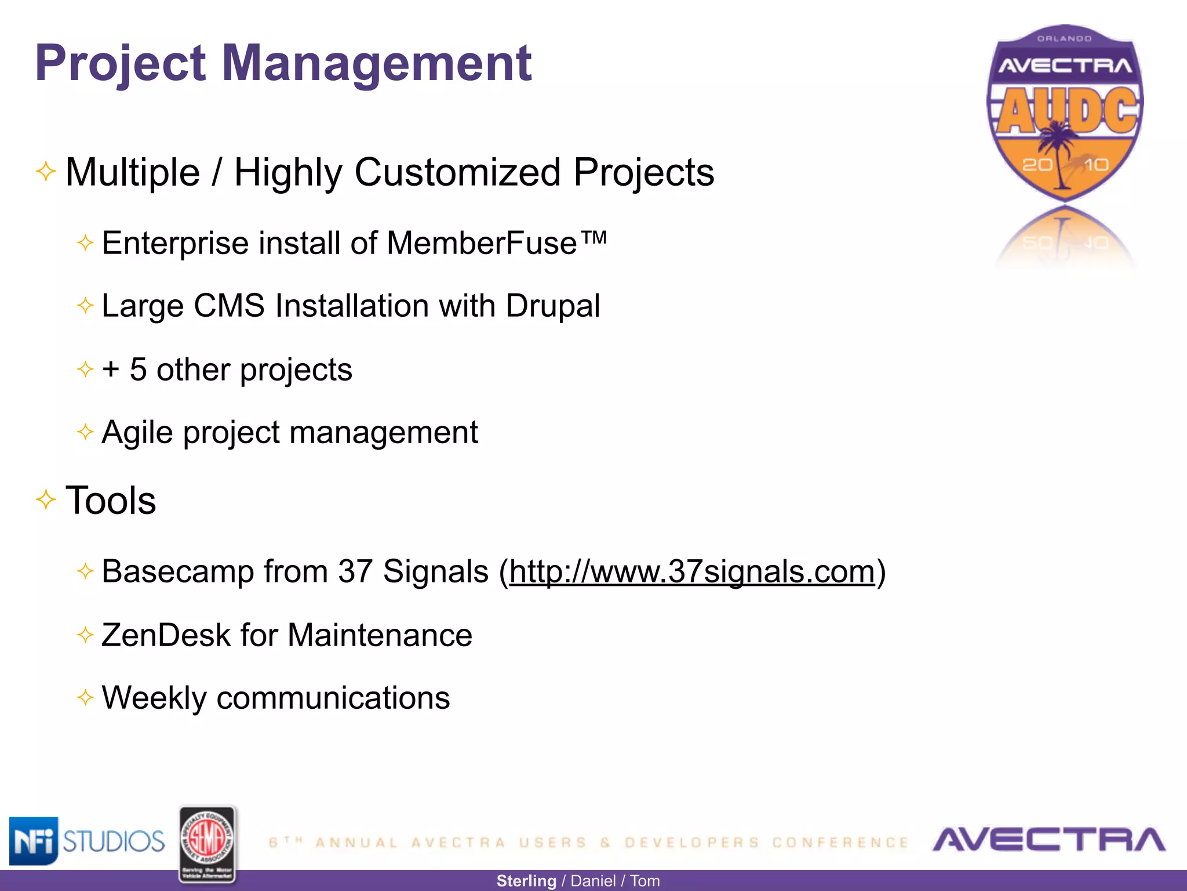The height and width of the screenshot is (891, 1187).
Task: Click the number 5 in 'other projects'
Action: click(x=138, y=370)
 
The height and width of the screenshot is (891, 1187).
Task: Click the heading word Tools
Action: click(x=111, y=500)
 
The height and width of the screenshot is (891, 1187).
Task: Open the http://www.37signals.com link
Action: click(x=692, y=571)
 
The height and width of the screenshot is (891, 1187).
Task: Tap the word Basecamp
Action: click(x=177, y=571)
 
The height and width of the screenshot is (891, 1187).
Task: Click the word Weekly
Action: click(x=154, y=698)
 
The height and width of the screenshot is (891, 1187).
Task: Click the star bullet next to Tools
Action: click(x=46, y=499)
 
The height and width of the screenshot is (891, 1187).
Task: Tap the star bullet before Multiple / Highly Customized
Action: click(x=46, y=171)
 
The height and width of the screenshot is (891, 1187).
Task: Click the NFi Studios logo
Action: click(x=87, y=841)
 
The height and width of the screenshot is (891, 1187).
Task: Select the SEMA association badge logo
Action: click(x=207, y=844)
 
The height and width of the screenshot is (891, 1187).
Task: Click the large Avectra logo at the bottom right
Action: click(x=1048, y=839)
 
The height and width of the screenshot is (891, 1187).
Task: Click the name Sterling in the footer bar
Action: click(x=526, y=881)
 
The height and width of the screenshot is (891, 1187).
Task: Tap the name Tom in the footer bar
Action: click(x=645, y=881)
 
